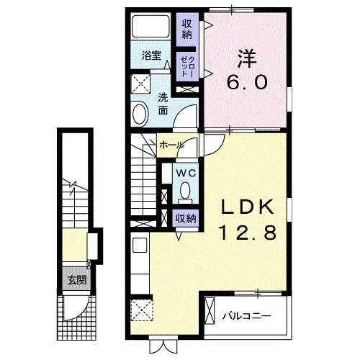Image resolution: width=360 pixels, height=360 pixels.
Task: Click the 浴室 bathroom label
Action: click(151, 55)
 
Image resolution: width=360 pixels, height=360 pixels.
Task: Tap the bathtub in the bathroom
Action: click(150, 26)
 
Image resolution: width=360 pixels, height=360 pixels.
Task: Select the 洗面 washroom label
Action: click(163, 104)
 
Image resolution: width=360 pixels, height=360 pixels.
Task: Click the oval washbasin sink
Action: click(140, 113)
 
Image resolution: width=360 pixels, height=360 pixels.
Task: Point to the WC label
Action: click(186, 173)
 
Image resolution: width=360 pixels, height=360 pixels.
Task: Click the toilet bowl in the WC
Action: click(185, 190)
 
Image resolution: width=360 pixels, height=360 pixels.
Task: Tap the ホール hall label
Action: click(171, 145)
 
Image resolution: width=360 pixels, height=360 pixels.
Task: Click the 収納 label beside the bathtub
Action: click(187, 29)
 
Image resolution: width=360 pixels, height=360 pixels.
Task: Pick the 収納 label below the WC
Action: click(186, 219)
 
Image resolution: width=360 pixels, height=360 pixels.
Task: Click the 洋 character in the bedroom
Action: click(247, 58)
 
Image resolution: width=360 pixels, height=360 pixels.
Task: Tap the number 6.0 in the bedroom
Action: click(247, 82)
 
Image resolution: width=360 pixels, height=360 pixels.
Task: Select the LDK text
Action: click(248, 207)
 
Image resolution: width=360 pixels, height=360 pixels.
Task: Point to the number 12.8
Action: click(248, 233)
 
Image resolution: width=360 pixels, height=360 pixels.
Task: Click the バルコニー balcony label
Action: click(247, 316)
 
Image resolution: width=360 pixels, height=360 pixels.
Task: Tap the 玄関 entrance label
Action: click(76, 280)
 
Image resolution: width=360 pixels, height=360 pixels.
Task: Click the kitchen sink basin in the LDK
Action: click(140, 245)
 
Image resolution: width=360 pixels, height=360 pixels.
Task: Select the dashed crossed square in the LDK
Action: click(142, 310)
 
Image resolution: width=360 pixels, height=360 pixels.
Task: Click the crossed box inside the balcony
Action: click(210, 311)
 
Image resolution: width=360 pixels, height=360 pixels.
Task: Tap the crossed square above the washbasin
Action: click(140, 84)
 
